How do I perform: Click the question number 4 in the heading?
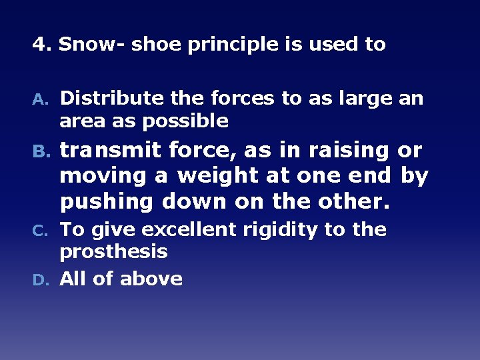pos(39,45)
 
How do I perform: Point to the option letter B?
pos(40,152)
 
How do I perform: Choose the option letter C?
pos(40,231)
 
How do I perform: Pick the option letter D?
pos(40,279)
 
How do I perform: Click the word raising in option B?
pos(337,151)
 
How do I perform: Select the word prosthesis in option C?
pos(113,252)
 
